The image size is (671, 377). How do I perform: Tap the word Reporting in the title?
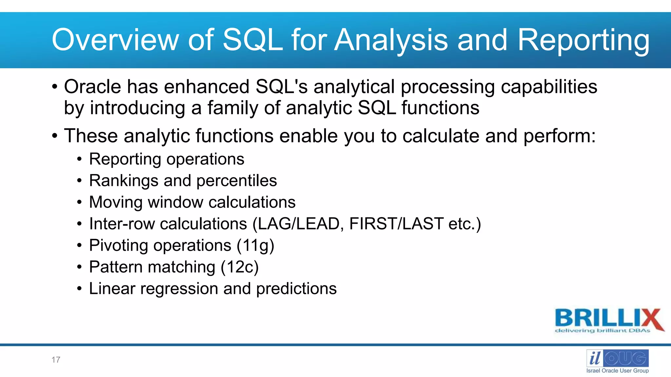point(583,40)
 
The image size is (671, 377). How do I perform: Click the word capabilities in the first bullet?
point(549,87)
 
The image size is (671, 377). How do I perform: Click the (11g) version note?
point(255,245)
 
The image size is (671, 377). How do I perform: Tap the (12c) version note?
point(240,267)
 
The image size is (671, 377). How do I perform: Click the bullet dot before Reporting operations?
point(79,160)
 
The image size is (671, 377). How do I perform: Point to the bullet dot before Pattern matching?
point(79,267)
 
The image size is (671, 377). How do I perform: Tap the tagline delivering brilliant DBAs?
point(602,331)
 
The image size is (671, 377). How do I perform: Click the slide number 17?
point(56,360)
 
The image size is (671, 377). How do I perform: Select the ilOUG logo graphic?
point(618,358)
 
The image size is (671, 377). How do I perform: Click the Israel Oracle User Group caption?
point(618,371)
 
